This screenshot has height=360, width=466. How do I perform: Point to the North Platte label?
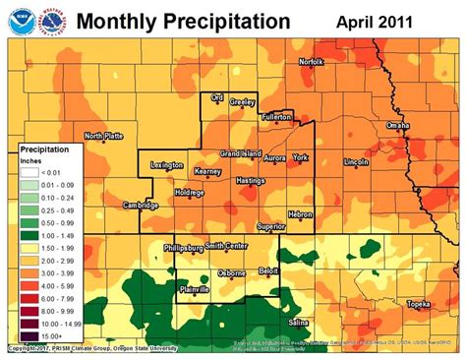point(104,136)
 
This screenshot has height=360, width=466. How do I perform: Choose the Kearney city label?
point(207,172)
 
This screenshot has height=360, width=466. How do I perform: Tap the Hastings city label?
point(252,181)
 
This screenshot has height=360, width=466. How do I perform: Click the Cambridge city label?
point(142,205)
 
